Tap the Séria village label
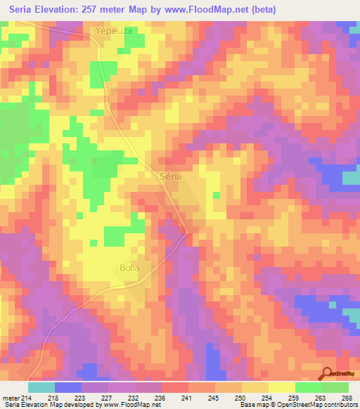click(171, 176)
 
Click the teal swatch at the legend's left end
click(41, 387)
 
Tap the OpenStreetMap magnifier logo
click(327, 374)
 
